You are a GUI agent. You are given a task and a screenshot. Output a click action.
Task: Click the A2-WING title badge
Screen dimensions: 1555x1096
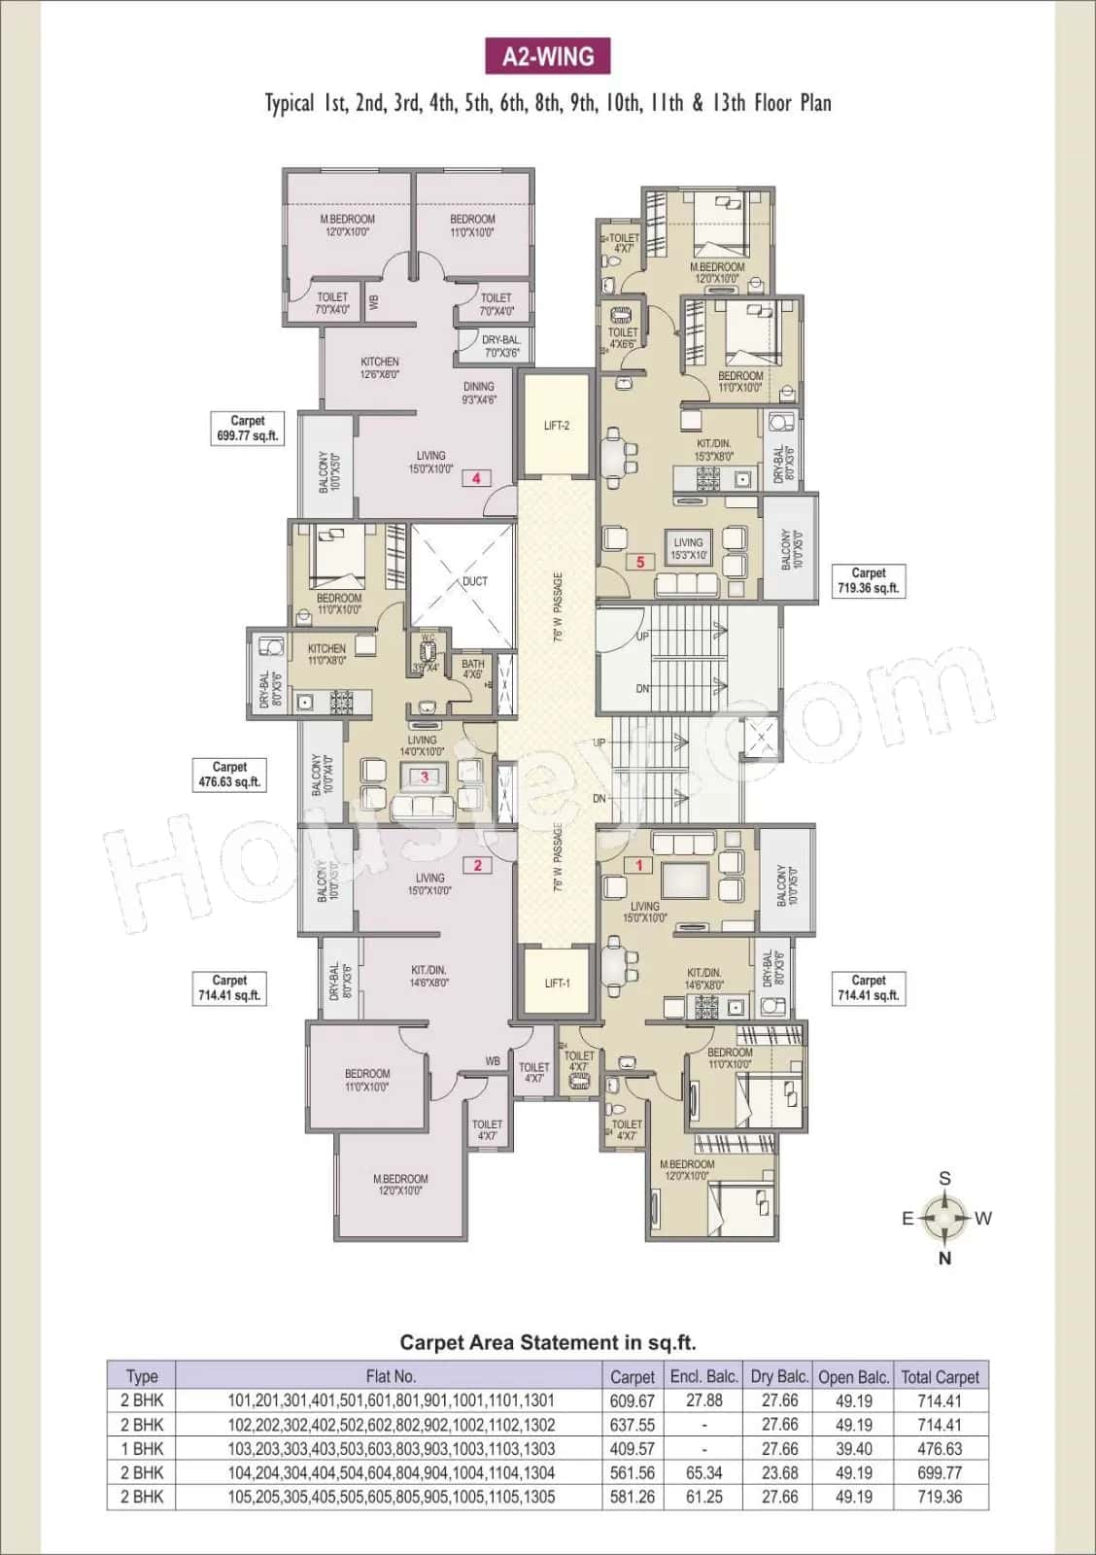point(548,56)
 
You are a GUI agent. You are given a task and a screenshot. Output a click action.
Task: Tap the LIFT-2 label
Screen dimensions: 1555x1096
point(557,426)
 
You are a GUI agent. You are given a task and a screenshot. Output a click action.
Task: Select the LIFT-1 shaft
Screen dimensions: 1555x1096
point(557,983)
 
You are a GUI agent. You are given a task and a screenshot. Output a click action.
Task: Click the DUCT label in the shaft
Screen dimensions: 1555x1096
point(475,581)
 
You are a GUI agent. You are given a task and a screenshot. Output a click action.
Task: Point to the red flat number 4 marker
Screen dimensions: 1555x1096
point(476,477)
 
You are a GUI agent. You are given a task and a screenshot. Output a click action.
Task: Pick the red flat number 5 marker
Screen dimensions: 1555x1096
point(640,562)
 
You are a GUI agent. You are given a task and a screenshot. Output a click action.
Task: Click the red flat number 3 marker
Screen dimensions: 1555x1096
point(425,777)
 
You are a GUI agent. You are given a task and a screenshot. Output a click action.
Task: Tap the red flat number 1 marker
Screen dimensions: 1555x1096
point(639,865)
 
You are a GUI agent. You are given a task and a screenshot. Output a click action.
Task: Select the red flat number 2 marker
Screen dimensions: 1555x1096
point(477,865)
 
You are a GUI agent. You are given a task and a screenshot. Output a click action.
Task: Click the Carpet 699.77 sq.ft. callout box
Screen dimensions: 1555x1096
point(247,429)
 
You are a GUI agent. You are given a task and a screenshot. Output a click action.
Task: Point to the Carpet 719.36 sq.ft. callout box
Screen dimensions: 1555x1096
point(869,580)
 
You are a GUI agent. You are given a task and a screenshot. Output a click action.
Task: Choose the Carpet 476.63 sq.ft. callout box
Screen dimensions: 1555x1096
point(229,775)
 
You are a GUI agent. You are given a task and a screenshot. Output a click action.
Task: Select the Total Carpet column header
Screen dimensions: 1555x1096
point(940,1376)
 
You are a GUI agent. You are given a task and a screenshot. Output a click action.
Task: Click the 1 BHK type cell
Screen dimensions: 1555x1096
point(142,1448)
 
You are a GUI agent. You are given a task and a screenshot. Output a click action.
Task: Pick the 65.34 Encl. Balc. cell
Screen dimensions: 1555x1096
point(703,1472)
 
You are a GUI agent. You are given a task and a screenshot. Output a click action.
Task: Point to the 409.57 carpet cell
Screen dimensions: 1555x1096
point(632,1448)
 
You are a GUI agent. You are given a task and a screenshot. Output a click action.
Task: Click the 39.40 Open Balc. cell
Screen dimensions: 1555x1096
point(853,1448)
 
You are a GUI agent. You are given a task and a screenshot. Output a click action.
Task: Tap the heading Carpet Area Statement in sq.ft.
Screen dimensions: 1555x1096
point(548,1342)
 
